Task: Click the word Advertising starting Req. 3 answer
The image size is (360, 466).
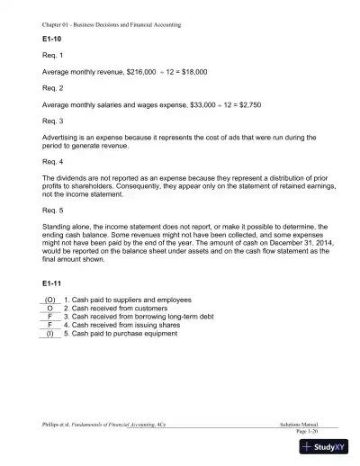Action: point(61,136)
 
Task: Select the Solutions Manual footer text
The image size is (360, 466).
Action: point(300,424)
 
